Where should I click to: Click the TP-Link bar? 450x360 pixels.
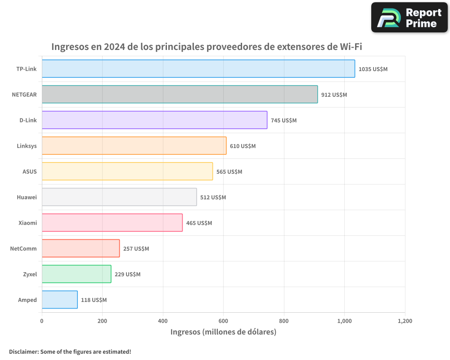point(198,69)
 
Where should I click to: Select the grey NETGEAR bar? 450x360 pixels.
point(180,94)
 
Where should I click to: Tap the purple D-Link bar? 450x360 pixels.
point(154,120)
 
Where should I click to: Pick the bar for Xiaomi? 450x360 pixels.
point(112,223)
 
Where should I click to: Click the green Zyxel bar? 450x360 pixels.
point(76,274)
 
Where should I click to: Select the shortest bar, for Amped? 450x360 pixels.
point(59,300)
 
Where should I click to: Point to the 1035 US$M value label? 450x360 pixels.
point(373,69)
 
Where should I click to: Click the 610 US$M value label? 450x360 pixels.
point(243,146)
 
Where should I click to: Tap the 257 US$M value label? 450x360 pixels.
point(136,249)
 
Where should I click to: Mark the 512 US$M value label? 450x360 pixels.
point(213,198)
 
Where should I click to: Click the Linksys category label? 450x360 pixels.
point(27,146)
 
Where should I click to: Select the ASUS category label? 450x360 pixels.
point(30,171)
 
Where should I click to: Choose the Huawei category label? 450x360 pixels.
point(27,197)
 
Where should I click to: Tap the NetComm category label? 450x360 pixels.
point(23,248)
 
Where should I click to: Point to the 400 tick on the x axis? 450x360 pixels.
point(163,321)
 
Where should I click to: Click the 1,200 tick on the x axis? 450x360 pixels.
point(405,321)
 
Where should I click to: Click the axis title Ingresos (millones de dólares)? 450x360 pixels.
point(223,332)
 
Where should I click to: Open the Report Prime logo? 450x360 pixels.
point(409,18)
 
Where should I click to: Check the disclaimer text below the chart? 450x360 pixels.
point(70,351)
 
